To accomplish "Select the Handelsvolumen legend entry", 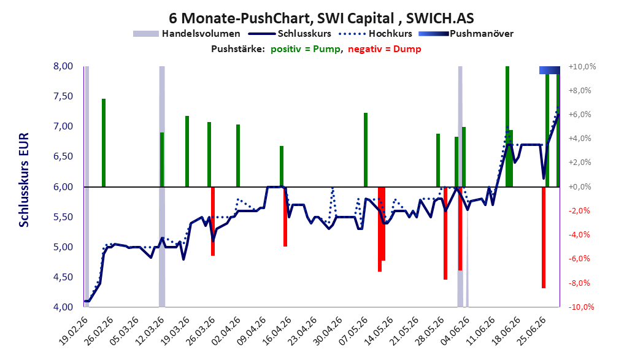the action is pyautogui.click(x=187, y=34).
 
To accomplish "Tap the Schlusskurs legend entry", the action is pyautogui.click(x=289, y=34).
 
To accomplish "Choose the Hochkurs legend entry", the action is pyautogui.click(x=375, y=34).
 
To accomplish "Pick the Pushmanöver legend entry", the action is pyautogui.click(x=466, y=34).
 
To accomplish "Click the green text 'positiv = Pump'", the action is pyautogui.click(x=306, y=49).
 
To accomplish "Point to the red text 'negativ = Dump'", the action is pyautogui.click(x=385, y=49).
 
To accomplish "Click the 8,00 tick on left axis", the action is pyautogui.click(x=63, y=66).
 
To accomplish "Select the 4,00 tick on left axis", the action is pyautogui.click(x=63, y=307).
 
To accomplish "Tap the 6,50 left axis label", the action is pyautogui.click(x=63, y=156).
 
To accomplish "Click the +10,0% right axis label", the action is pyautogui.click(x=582, y=66).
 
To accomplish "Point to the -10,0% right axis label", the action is pyautogui.click(x=582, y=307).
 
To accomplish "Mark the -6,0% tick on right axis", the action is pyautogui.click(x=580, y=259).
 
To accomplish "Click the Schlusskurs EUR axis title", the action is pyautogui.click(x=24, y=180).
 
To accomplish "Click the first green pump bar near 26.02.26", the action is pyautogui.click(x=104, y=143).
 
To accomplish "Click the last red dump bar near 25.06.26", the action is pyautogui.click(x=544, y=237).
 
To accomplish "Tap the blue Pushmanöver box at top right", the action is pyautogui.click(x=550, y=70).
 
